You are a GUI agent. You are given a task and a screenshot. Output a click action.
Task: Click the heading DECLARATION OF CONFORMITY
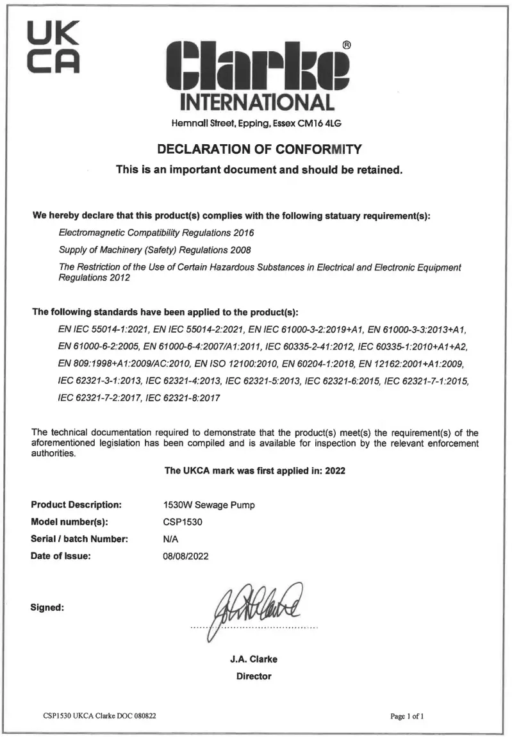(260, 150)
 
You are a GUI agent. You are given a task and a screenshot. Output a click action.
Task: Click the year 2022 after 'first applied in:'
(335, 470)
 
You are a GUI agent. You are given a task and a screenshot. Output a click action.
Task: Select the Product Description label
(76, 505)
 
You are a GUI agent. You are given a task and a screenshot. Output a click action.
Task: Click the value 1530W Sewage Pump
(209, 505)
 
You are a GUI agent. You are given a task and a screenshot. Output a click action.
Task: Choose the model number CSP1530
(183, 522)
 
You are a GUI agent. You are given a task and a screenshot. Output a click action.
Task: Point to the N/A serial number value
(171, 539)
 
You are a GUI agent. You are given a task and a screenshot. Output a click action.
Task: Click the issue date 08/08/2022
(186, 556)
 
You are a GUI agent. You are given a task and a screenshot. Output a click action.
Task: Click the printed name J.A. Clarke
(254, 659)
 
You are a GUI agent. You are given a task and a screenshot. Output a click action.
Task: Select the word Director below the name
(254, 676)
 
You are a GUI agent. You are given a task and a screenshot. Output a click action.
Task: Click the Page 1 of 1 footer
(407, 716)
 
